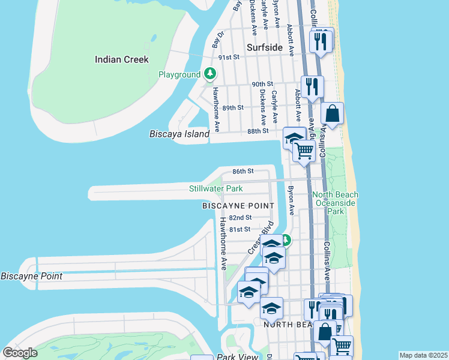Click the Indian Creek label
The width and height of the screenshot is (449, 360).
click(122, 59)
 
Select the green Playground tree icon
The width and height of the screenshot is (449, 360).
click(209, 74)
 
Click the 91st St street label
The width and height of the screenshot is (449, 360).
click(229, 57)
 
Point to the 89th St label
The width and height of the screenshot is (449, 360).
click(232, 107)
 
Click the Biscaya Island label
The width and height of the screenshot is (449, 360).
click(179, 134)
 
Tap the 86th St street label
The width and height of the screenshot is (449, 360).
click(243, 171)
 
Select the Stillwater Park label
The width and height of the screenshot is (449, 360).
click(216, 188)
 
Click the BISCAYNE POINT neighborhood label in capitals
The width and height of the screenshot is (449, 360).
click(238, 206)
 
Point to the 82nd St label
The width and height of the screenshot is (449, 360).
click(240, 217)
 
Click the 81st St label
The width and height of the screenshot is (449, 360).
click(240, 229)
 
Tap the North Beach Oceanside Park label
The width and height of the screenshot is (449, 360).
click(336, 203)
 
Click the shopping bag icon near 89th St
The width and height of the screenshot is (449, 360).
click(332, 113)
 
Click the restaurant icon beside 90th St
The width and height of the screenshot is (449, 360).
click(312, 86)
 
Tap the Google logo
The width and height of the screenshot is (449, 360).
click(20, 353)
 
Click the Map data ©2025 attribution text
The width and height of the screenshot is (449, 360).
click(423, 355)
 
